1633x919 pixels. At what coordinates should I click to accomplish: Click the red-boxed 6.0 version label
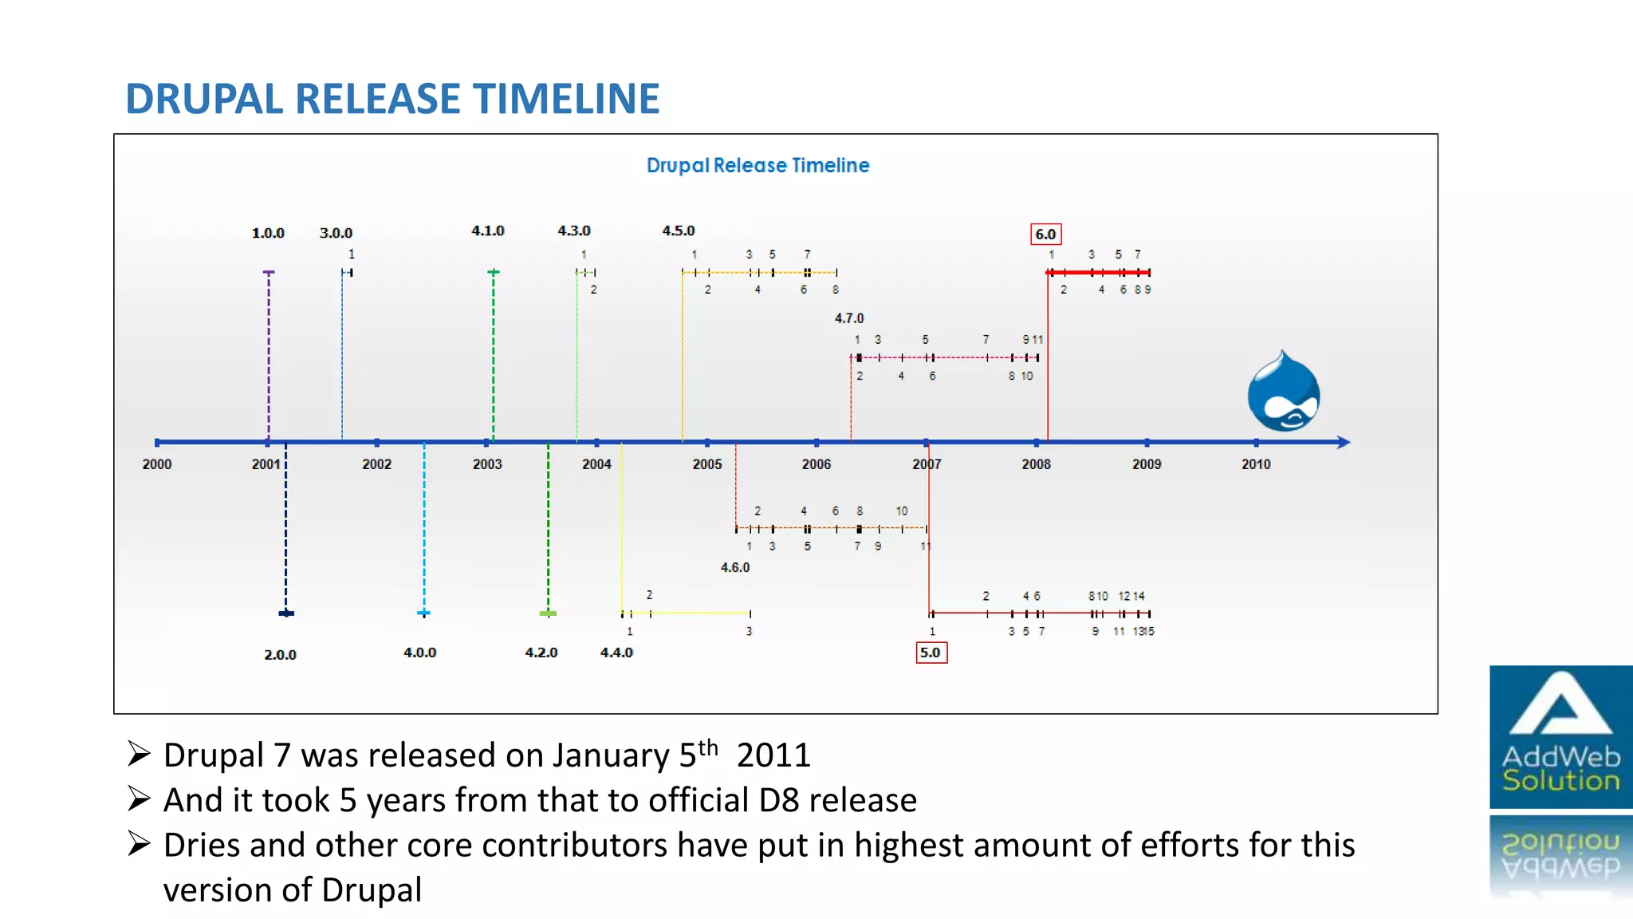tap(1045, 235)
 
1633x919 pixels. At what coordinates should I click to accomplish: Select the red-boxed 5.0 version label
tap(931, 653)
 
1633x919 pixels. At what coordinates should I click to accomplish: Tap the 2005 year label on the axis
tap(707, 464)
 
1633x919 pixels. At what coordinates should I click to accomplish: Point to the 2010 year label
tap(1256, 464)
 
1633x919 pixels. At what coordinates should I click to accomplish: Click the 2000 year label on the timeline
tap(157, 464)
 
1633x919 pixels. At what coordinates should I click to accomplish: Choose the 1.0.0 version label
tap(268, 233)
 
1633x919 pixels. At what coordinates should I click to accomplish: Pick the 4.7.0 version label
tap(849, 318)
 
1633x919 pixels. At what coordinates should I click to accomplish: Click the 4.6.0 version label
tap(735, 567)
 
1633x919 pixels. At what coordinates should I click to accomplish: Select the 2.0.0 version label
tap(280, 655)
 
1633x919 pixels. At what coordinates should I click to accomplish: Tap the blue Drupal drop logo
tap(1283, 392)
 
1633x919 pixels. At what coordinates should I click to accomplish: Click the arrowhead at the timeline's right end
tap(1344, 442)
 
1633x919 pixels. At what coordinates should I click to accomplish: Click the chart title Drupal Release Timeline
tap(757, 165)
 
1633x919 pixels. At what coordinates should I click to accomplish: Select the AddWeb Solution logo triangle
tap(1560, 705)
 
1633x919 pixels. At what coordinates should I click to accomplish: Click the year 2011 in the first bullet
tap(773, 755)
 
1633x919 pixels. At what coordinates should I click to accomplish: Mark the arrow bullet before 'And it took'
tap(139, 799)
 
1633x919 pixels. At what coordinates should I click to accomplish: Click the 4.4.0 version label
tap(616, 653)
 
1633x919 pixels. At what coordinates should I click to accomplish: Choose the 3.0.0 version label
tap(336, 233)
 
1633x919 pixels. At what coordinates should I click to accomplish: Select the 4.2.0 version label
tap(541, 653)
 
